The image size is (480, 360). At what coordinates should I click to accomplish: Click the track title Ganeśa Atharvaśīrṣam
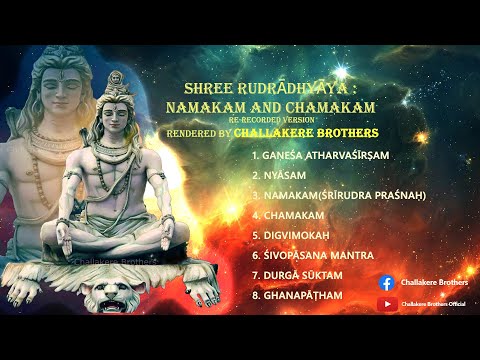tap(324, 157)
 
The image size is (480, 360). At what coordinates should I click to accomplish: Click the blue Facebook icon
tap(386, 283)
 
